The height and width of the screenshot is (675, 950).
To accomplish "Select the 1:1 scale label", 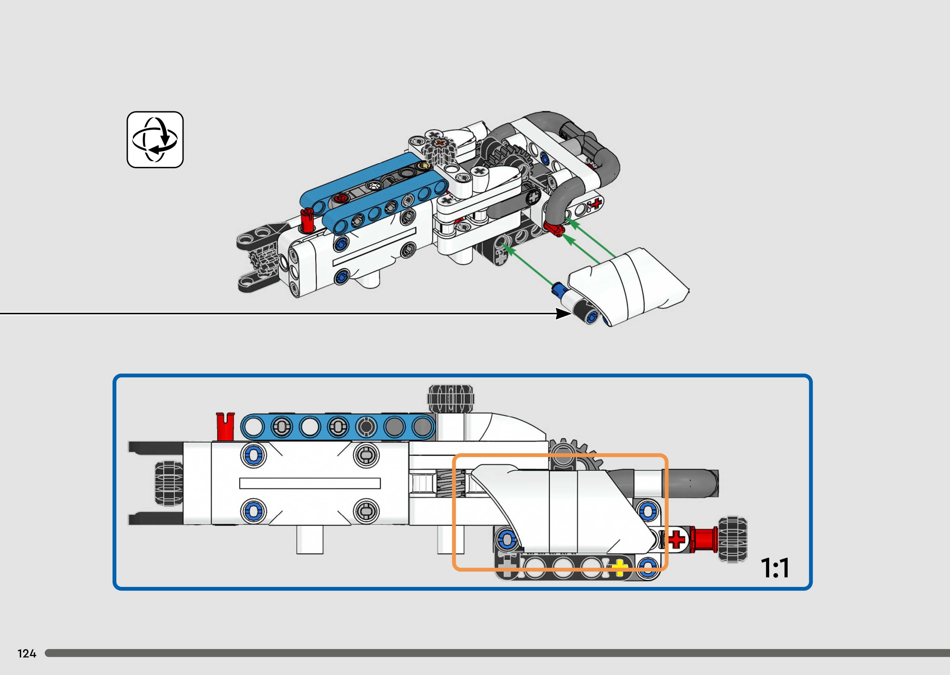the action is point(775,568).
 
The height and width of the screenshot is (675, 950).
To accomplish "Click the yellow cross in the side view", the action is point(619,568).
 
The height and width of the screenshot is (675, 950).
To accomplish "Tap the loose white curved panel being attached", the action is point(636,287).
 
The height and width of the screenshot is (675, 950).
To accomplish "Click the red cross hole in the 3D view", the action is point(596,203).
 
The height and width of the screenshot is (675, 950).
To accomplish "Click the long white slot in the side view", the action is point(310,483).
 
